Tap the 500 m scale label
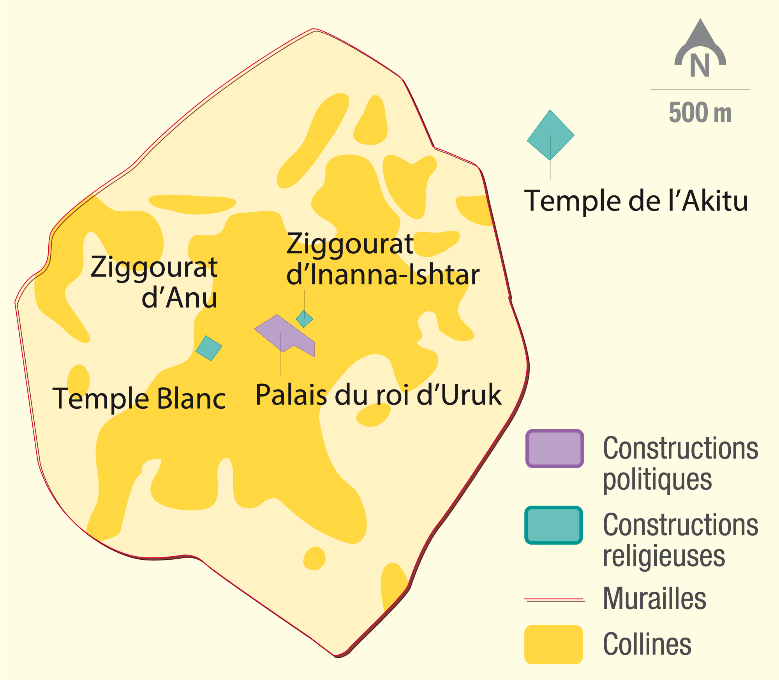click(x=700, y=112)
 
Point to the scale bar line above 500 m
click(x=700, y=90)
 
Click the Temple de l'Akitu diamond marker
click(x=550, y=135)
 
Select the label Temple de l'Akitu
click(x=636, y=201)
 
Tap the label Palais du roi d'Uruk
click(x=378, y=395)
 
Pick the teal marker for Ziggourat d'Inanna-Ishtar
click(x=304, y=319)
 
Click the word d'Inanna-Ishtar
click(x=382, y=275)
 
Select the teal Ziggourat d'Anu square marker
click(x=209, y=348)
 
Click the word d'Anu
click(x=179, y=298)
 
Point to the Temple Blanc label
click(x=139, y=399)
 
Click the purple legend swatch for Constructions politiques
click(x=554, y=448)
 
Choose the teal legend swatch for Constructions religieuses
click(x=553, y=525)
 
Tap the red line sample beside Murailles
click(x=555, y=600)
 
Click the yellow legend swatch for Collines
click(x=553, y=644)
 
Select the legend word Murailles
click(x=654, y=599)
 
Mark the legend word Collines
click(x=647, y=645)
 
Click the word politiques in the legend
click(x=657, y=480)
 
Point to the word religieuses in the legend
click(x=664, y=556)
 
